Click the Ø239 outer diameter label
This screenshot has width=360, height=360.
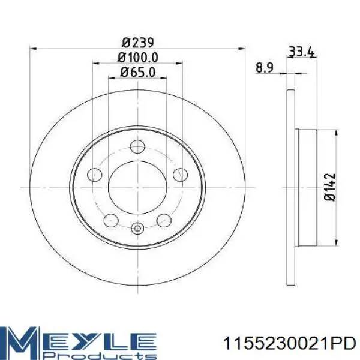point(137,43)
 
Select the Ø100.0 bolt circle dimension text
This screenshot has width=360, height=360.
point(137,58)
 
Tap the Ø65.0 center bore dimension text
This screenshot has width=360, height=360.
point(137,73)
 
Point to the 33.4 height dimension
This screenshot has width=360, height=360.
point(301,52)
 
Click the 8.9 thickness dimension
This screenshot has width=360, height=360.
point(265,68)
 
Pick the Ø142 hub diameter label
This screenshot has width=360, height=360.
point(330,187)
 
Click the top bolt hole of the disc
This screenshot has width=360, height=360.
point(137,146)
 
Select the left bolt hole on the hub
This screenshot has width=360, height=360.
point(94,175)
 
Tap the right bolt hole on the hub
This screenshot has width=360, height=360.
point(180,175)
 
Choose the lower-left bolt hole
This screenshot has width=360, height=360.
point(111,220)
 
